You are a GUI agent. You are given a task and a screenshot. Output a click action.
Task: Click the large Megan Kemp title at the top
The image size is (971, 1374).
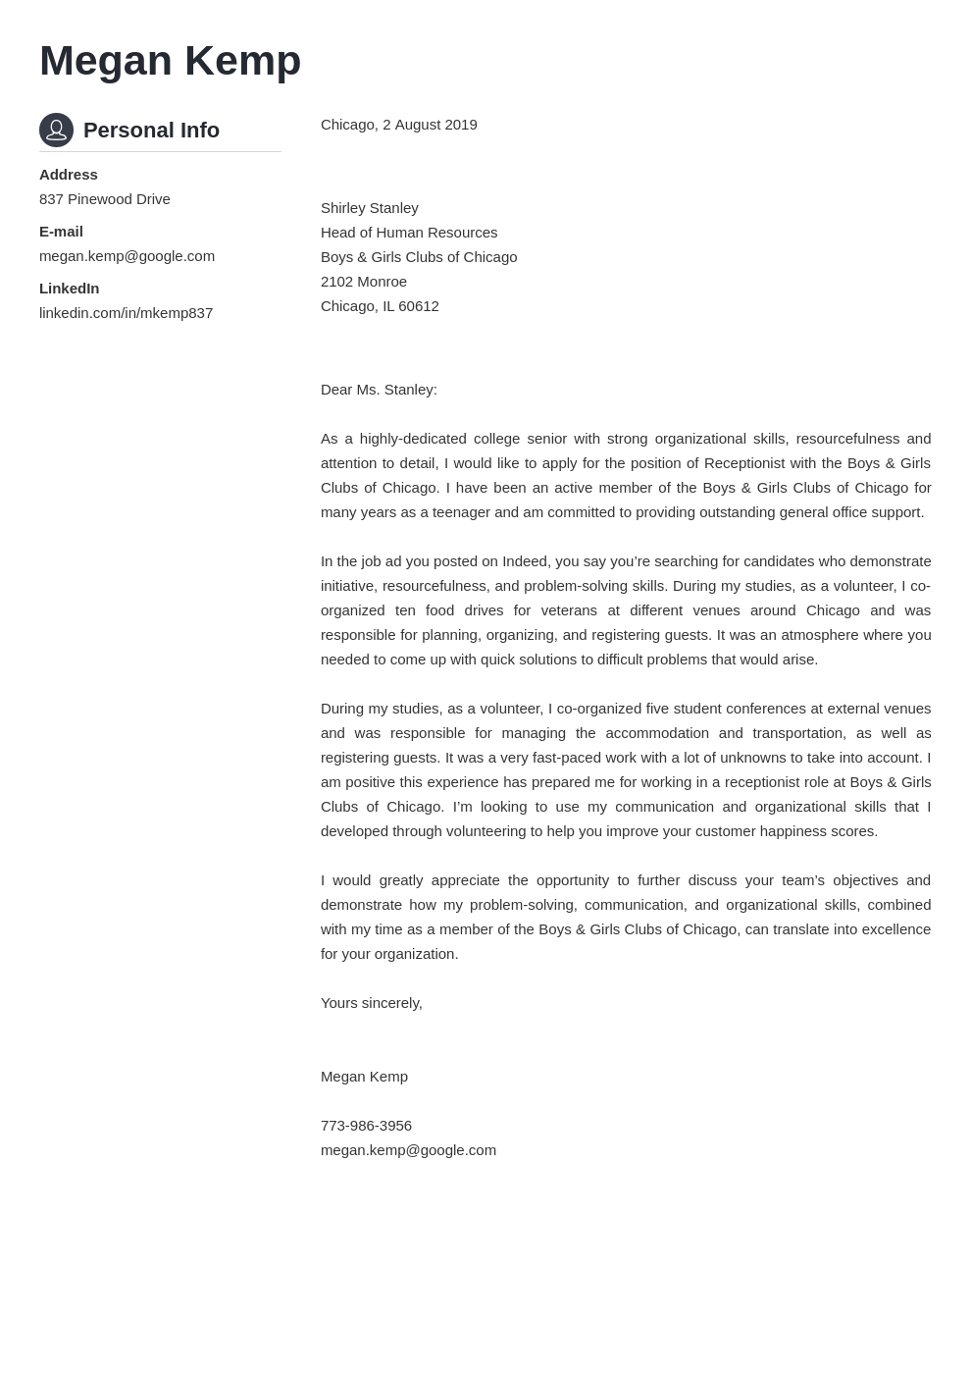170,61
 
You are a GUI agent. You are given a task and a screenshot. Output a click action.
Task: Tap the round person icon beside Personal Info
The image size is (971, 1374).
56,130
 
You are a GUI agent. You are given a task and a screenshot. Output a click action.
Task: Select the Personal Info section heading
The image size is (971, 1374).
151,131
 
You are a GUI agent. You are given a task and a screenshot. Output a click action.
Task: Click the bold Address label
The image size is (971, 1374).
69,175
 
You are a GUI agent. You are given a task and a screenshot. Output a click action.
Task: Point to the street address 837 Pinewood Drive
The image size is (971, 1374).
105,199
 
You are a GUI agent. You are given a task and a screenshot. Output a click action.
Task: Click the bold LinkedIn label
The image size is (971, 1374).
69,289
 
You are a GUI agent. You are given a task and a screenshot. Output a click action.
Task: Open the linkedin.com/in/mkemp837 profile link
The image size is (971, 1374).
126,313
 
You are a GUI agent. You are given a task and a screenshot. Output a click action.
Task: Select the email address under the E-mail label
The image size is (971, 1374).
127,256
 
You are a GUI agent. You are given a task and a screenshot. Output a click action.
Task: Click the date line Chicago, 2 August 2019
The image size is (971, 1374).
398,125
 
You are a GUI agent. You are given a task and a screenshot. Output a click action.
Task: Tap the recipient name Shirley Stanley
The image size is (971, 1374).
369,208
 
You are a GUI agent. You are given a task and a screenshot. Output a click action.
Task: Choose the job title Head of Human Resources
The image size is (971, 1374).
409,233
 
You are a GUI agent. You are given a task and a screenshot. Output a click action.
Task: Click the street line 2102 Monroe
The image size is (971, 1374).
363,282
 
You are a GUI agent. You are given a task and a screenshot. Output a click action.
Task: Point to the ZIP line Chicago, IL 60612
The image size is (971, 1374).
380,306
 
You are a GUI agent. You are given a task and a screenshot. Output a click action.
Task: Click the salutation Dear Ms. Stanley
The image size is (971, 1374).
379,390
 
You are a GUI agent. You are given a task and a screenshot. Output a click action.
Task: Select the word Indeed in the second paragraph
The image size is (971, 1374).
526,561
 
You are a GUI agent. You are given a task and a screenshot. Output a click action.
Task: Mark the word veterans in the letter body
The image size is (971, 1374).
569,610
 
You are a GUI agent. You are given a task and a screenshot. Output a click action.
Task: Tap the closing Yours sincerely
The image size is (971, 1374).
371,1003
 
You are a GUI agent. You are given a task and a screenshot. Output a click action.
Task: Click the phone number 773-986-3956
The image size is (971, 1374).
366,1126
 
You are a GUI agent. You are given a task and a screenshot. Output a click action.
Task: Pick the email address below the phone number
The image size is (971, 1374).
408,1150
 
